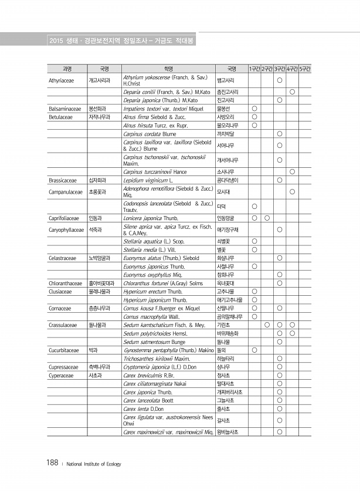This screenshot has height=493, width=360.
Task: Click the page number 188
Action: (x=52, y=464)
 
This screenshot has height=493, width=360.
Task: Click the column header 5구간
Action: (x=305, y=69)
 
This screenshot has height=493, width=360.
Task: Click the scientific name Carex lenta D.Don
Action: (x=144, y=408)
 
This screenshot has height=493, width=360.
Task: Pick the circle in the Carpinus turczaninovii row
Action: (x=292, y=171)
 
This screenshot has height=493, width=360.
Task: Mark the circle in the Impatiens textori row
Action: (x=254, y=109)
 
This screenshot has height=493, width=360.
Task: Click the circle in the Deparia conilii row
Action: (x=292, y=92)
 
